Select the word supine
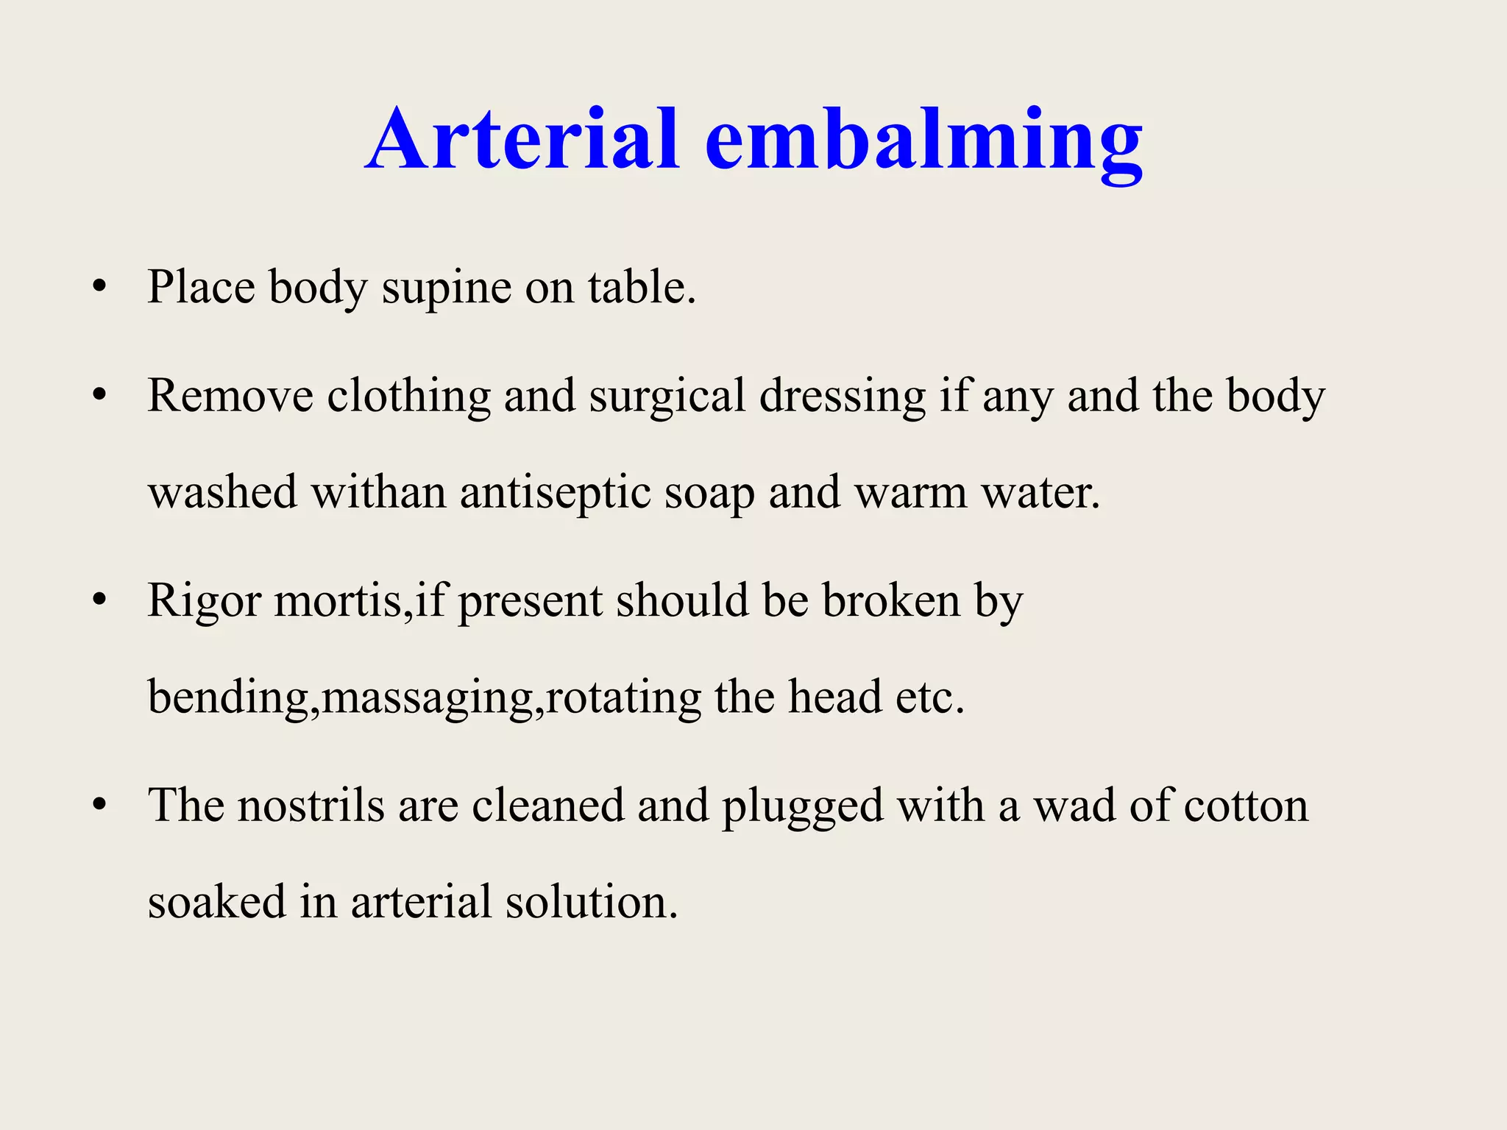pyautogui.click(x=446, y=289)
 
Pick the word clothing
pyautogui.click(x=408, y=397)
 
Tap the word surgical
pyautogui.click(x=667, y=397)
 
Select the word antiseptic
pyautogui.click(x=556, y=493)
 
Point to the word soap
pyautogui.click(x=709, y=494)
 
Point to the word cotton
pyautogui.click(x=1246, y=806)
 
